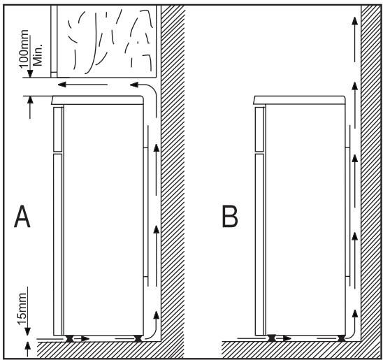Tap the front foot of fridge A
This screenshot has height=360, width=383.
(x=71, y=338)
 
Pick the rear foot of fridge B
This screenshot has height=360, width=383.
(x=340, y=338)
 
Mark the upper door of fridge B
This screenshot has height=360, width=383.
(x=259, y=129)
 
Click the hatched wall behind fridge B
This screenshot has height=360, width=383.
(x=370, y=175)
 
